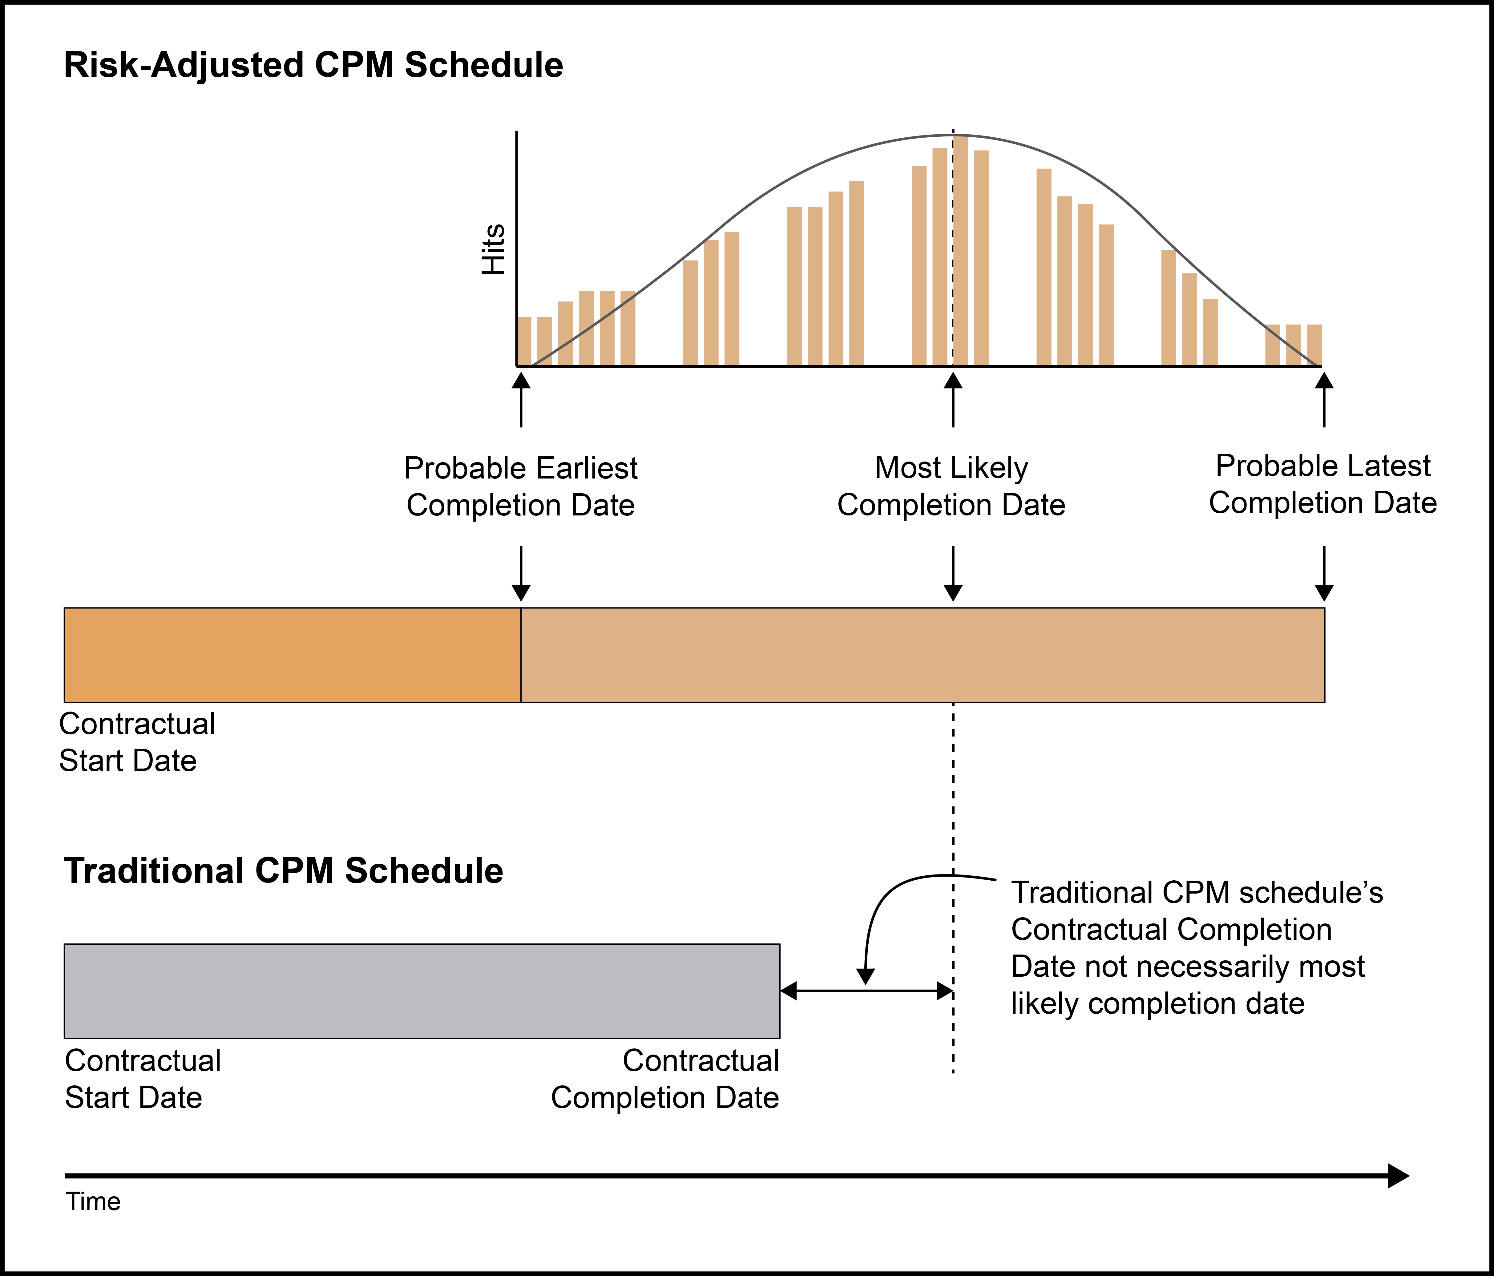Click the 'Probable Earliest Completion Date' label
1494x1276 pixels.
pos(521,487)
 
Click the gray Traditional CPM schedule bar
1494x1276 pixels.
pos(422,991)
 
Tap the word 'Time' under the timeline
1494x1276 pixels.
pos(93,1202)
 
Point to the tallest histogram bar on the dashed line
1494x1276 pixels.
pos(960,251)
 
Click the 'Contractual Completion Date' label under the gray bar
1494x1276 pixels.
pos(665,1079)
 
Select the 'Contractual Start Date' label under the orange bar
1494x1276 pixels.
pos(137,742)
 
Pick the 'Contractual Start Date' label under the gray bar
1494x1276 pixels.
pos(143,1079)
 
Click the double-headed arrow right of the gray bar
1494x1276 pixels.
pos(867,991)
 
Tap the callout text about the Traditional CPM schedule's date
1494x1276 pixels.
pos(1197,948)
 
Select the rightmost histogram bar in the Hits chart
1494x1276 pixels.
pos(1314,345)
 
